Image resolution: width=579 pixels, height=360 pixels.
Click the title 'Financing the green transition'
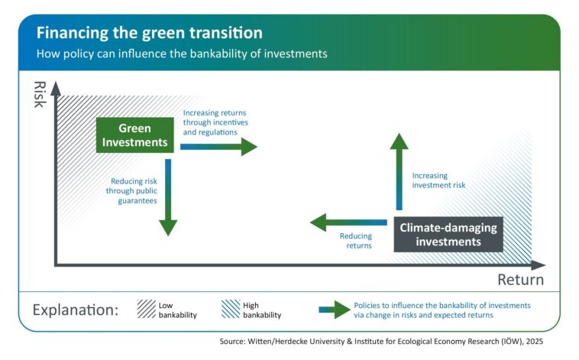pos(150,33)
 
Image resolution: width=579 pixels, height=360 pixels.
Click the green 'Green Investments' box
pos(134,135)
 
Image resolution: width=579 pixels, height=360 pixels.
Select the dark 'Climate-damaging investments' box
pos(448,235)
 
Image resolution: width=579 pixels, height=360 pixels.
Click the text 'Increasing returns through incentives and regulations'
pos(215,122)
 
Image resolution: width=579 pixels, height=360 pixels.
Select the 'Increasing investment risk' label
pos(438,180)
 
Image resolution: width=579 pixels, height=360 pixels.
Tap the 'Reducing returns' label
pos(356,242)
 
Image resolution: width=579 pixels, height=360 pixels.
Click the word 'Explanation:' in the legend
pos(75,311)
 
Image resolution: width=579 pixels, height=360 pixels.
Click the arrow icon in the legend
pos(332,310)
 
